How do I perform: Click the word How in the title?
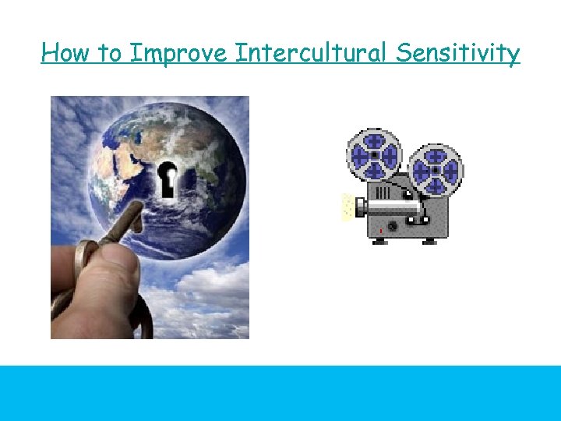click(65, 53)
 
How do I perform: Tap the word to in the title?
click(109, 53)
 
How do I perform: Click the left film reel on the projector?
click(374, 154)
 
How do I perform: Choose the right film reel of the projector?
click(436, 170)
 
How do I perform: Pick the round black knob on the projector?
click(392, 226)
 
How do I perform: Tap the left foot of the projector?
click(379, 242)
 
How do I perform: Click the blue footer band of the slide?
click(280, 393)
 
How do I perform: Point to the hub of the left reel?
click(374, 154)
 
